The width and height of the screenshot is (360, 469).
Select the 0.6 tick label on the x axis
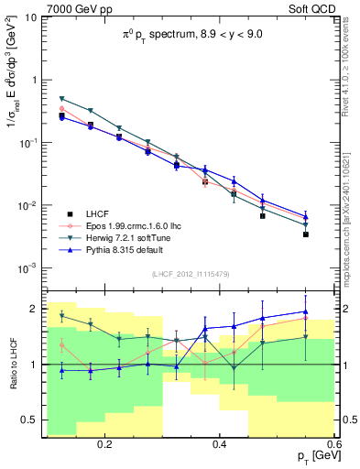coord(333,444)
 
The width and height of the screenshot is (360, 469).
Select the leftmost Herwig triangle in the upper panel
coord(61,99)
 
